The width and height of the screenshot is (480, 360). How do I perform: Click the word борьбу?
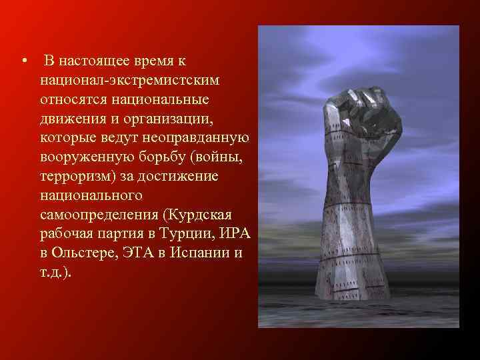tap(159, 157)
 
